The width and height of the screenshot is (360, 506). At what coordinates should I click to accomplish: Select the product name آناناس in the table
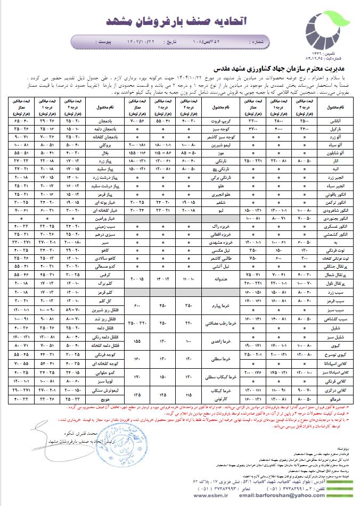pyautogui.click(x=334, y=120)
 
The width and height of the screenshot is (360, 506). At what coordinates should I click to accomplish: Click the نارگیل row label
pyautogui.click(x=334, y=128)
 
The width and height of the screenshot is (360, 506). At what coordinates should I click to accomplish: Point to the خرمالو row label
pyautogui.click(x=334, y=397)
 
